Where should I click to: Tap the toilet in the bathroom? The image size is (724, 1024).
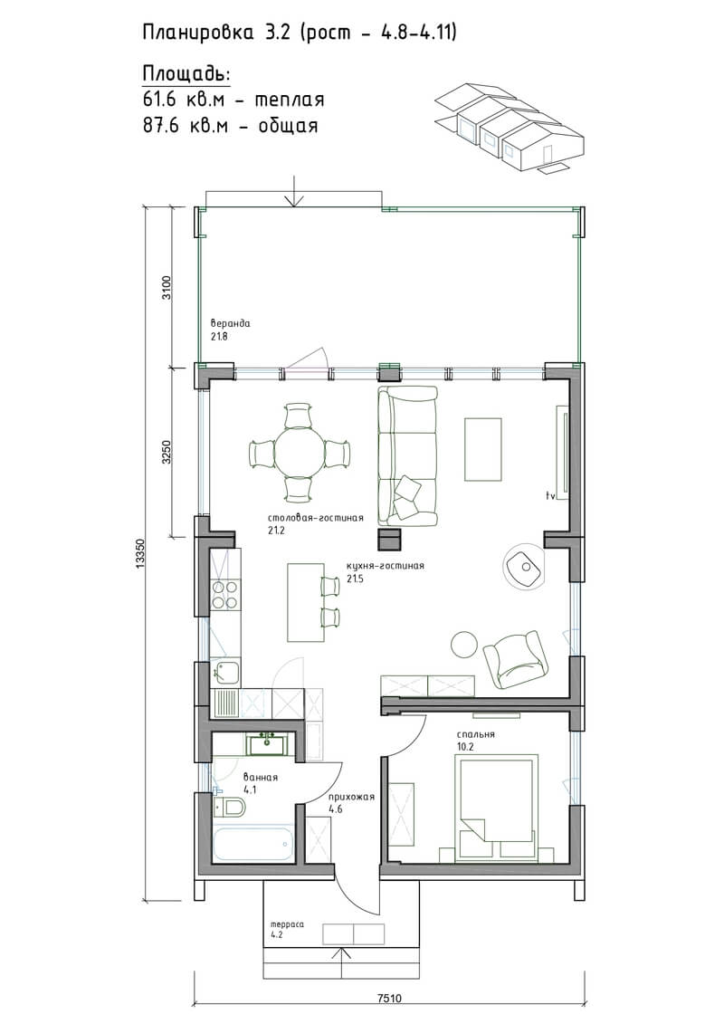click(228, 808)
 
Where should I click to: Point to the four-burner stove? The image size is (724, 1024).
click(225, 595)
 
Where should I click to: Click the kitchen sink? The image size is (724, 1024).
click(225, 671)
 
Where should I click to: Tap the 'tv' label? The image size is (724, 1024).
click(550, 495)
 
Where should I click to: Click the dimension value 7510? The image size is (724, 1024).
click(389, 998)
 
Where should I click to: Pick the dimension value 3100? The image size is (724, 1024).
click(167, 287)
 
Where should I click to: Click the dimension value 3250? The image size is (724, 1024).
click(167, 452)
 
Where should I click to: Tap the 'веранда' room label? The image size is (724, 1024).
click(230, 323)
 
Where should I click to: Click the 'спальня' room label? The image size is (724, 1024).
click(475, 734)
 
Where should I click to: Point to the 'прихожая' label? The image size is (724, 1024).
click(351, 797)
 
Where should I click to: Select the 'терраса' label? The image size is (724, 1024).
click(287, 924)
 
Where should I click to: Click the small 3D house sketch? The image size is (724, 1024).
click(510, 128)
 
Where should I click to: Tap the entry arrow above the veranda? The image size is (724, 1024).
click(294, 191)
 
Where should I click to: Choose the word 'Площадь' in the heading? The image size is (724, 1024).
click(186, 74)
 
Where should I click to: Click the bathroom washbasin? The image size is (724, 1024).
click(266, 742)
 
